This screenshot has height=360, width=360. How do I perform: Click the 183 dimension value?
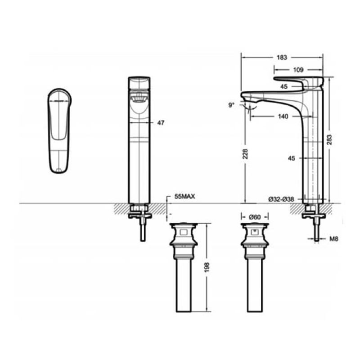(x=282, y=57)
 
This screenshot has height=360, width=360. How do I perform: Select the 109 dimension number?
(x=298, y=70)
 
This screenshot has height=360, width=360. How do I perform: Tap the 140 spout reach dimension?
(x=283, y=117)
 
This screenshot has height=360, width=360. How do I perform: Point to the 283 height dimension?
(x=329, y=139)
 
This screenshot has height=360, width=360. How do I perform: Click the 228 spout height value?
(x=245, y=154)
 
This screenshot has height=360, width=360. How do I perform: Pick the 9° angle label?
(x=231, y=105)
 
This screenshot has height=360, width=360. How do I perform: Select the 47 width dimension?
(x=161, y=123)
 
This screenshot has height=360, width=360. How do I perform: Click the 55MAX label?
(x=184, y=196)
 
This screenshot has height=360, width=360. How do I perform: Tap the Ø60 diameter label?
(x=254, y=217)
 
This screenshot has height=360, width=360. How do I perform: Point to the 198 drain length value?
(x=207, y=267)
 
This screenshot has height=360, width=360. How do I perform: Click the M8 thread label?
(x=334, y=239)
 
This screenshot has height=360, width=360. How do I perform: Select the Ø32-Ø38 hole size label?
(x=281, y=199)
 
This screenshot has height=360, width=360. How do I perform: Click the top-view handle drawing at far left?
(x=59, y=130)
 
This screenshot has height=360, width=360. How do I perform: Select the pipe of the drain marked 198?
(x=184, y=285)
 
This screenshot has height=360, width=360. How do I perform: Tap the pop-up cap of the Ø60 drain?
(x=255, y=225)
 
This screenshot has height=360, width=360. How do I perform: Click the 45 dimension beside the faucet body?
(x=291, y=158)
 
